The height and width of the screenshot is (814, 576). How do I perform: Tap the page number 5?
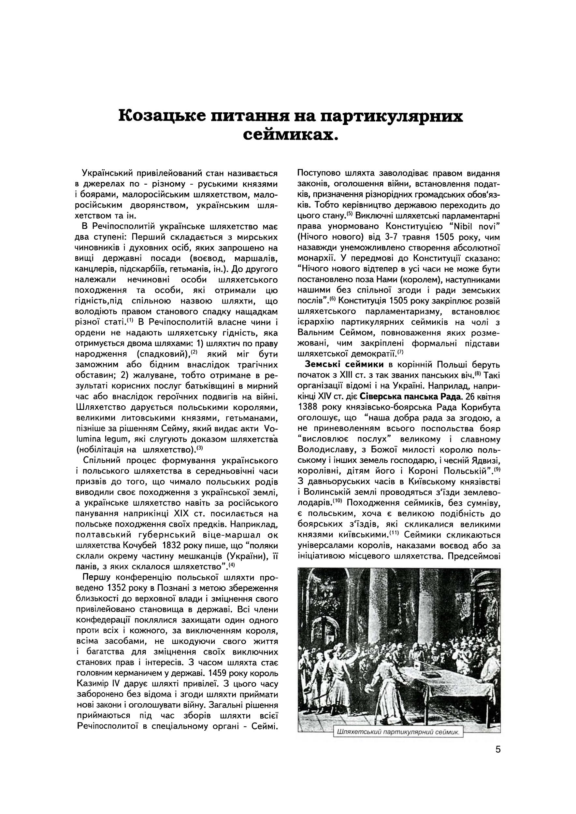click(498, 750)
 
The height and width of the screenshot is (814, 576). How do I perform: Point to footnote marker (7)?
click(400, 352)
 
